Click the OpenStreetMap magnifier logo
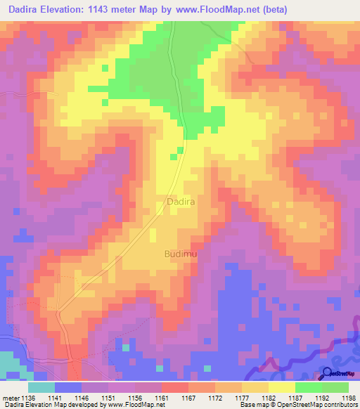(328, 373)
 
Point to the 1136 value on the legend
(28, 397)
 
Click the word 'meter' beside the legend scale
(11, 397)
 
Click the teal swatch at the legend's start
(41, 387)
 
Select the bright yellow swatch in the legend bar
(282, 387)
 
